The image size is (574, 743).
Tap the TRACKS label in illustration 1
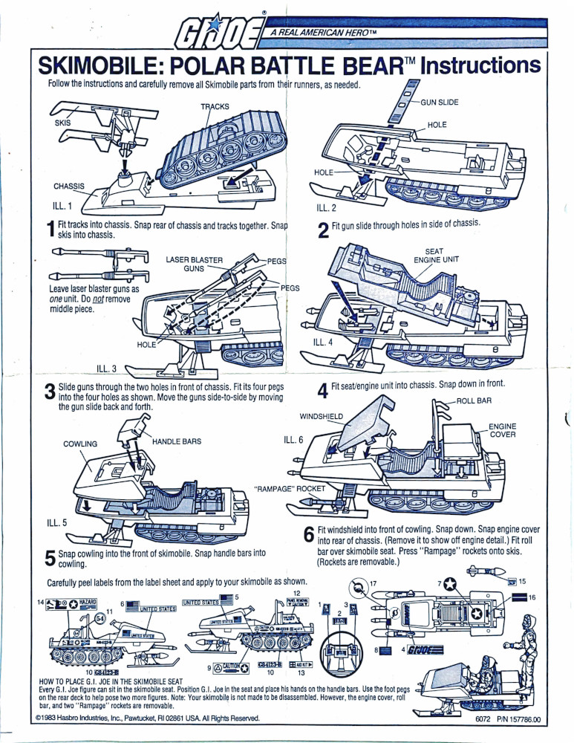215,107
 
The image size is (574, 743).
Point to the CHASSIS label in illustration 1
69,186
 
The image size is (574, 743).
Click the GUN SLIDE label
443,102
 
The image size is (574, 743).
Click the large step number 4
322,391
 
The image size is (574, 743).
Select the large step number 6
309,535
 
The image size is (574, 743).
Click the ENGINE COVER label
502,430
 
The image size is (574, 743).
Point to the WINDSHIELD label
322,415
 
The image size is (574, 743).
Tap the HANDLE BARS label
177,441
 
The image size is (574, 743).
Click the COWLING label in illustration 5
80,444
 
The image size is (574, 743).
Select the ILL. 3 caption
111,367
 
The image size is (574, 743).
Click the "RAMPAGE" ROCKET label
290,489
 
